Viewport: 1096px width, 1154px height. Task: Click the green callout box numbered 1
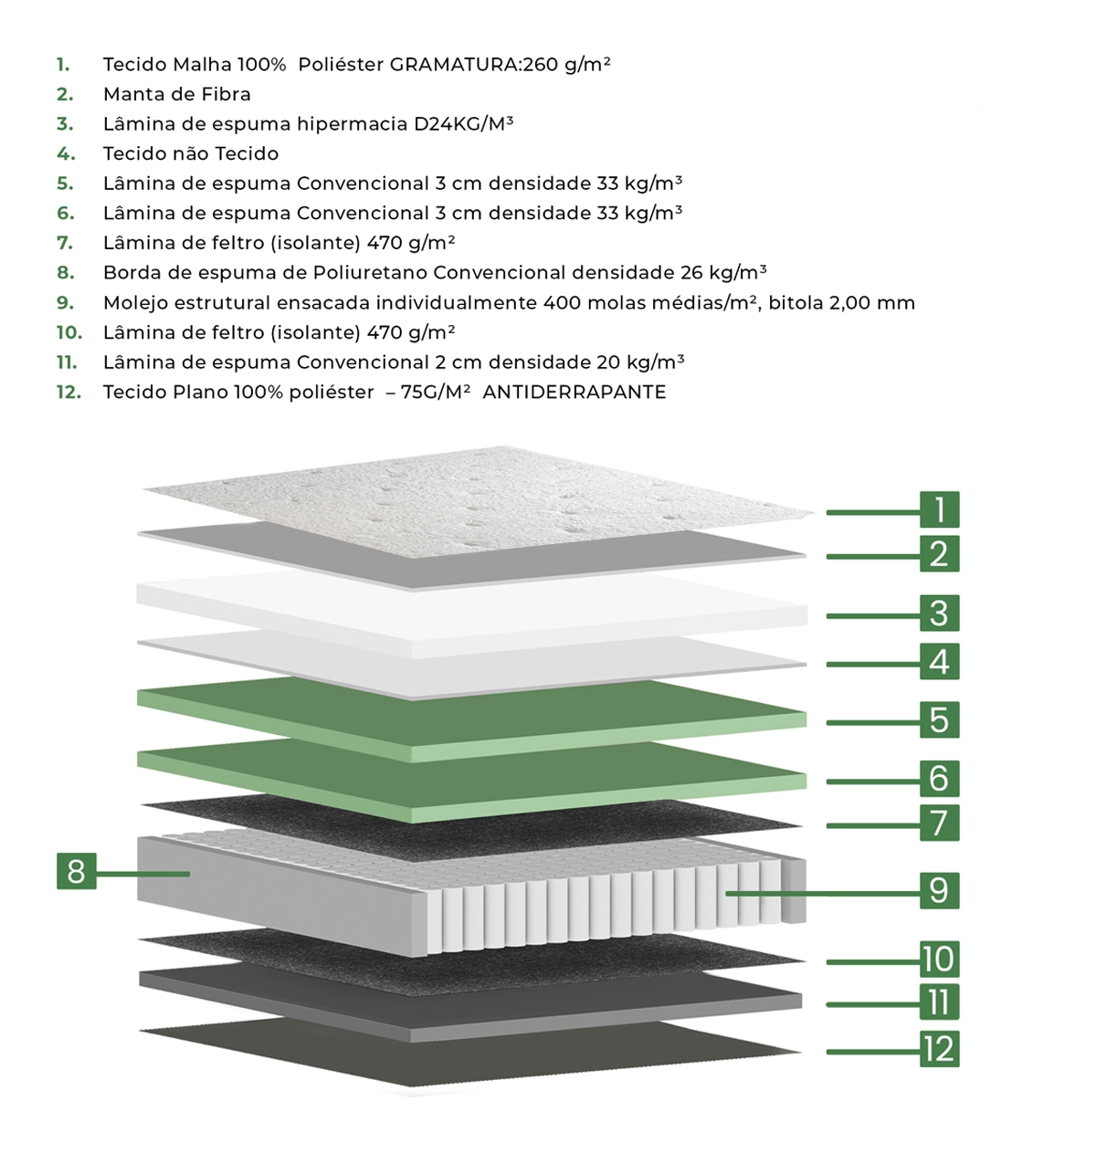(x=939, y=509)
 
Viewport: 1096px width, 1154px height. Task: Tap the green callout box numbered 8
(x=77, y=871)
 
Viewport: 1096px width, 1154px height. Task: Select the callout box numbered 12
(x=939, y=1048)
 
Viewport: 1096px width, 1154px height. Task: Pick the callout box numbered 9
(x=939, y=890)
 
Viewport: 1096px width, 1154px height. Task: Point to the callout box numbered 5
(x=939, y=719)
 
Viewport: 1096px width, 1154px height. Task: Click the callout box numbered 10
(x=939, y=960)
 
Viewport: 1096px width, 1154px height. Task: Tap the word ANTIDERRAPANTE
(x=574, y=392)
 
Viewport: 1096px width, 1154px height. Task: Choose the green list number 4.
(x=66, y=153)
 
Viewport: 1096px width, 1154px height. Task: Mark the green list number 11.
(x=67, y=362)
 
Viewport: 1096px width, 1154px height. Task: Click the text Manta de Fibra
(x=177, y=94)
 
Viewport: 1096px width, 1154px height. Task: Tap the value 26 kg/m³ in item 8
(x=723, y=272)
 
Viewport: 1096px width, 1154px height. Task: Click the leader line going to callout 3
(x=873, y=616)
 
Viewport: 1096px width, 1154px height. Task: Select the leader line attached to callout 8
(x=142, y=874)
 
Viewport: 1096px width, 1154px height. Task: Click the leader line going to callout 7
(x=873, y=826)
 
